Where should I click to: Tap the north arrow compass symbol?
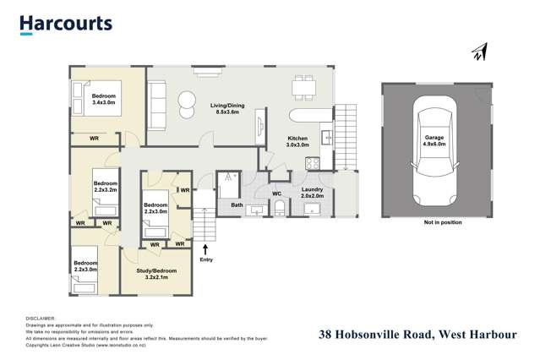coord(479,53)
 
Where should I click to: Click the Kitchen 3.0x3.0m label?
coord(297,141)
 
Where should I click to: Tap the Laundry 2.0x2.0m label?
coord(313,193)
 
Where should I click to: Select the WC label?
coord(276,194)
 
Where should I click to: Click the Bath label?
coord(237,205)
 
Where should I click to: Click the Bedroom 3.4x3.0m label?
coord(104,101)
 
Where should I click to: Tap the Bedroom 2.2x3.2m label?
coord(105,187)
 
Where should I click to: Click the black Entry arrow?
coord(206,248)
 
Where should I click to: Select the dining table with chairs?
coord(303,86)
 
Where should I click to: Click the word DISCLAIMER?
coord(41,318)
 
